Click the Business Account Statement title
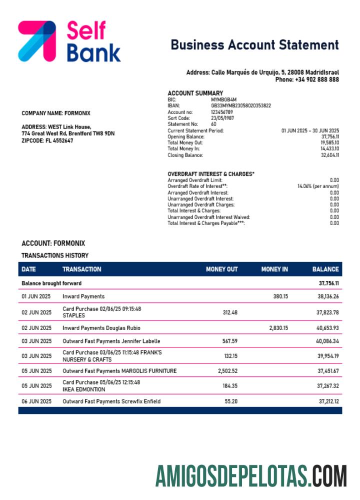[254, 45]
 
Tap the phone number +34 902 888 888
[316, 79]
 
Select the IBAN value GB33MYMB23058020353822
[241, 105]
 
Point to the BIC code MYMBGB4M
[223, 99]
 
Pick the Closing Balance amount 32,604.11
[329, 155]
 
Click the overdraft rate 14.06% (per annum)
[318, 186]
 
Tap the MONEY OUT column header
[221, 269]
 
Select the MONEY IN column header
[274, 269]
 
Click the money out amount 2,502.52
[227, 371]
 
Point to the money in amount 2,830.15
[278, 328]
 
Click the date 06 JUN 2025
[36, 401]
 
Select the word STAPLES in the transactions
[73, 315]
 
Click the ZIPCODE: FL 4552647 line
[47, 140]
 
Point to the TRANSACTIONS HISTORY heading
[55, 255]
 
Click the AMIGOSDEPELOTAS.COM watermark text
[250, 475]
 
